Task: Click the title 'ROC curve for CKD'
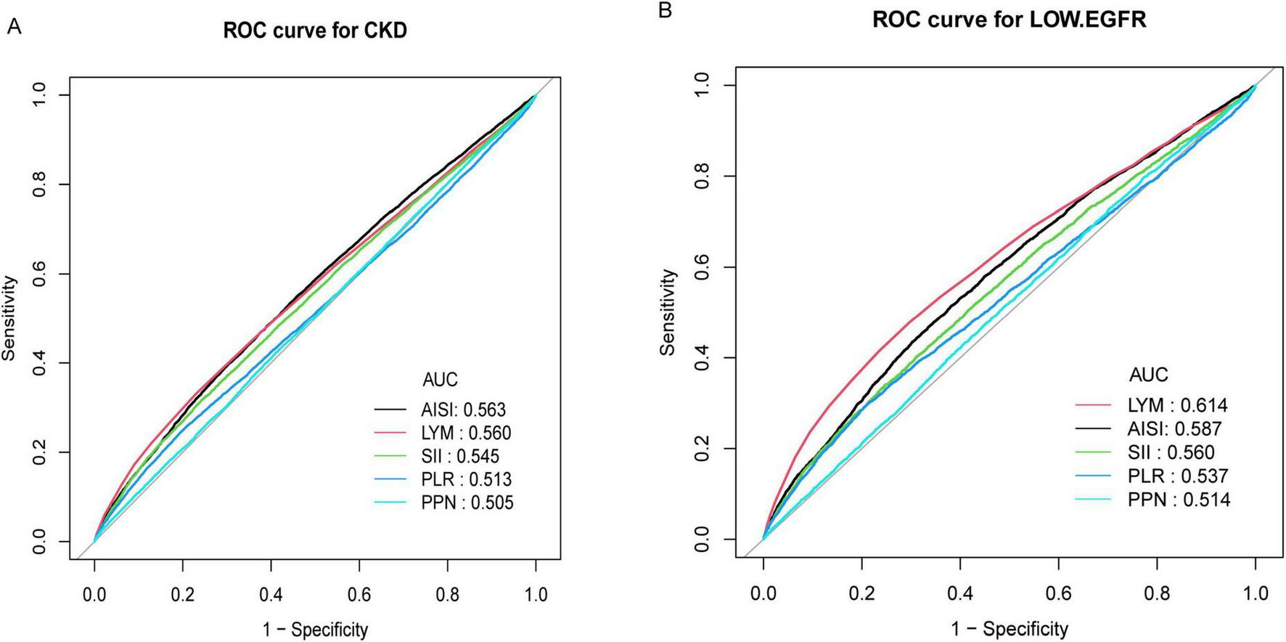tap(315, 31)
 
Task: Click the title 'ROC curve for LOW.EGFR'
tap(1009, 20)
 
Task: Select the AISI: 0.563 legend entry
tap(463, 410)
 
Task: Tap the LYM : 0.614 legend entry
tap(1177, 405)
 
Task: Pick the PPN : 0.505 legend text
tap(467, 503)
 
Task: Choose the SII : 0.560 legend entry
tap(1171, 452)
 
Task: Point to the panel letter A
tap(13, 27)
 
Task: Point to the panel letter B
tap(665, 11)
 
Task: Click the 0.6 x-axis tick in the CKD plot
tap(359, 595)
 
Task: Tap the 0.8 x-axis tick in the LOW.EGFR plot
tap(1157, 593)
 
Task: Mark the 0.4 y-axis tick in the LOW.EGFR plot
tap(700, 357)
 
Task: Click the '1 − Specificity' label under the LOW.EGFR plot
tap(1009, 628)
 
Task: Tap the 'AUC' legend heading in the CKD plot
tap(440, 379)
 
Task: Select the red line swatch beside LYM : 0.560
tap(393, 434)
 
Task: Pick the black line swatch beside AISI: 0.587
tap(1094, 428)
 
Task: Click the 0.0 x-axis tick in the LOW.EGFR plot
tap(763, 593)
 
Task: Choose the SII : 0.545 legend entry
tap(459, 456)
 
